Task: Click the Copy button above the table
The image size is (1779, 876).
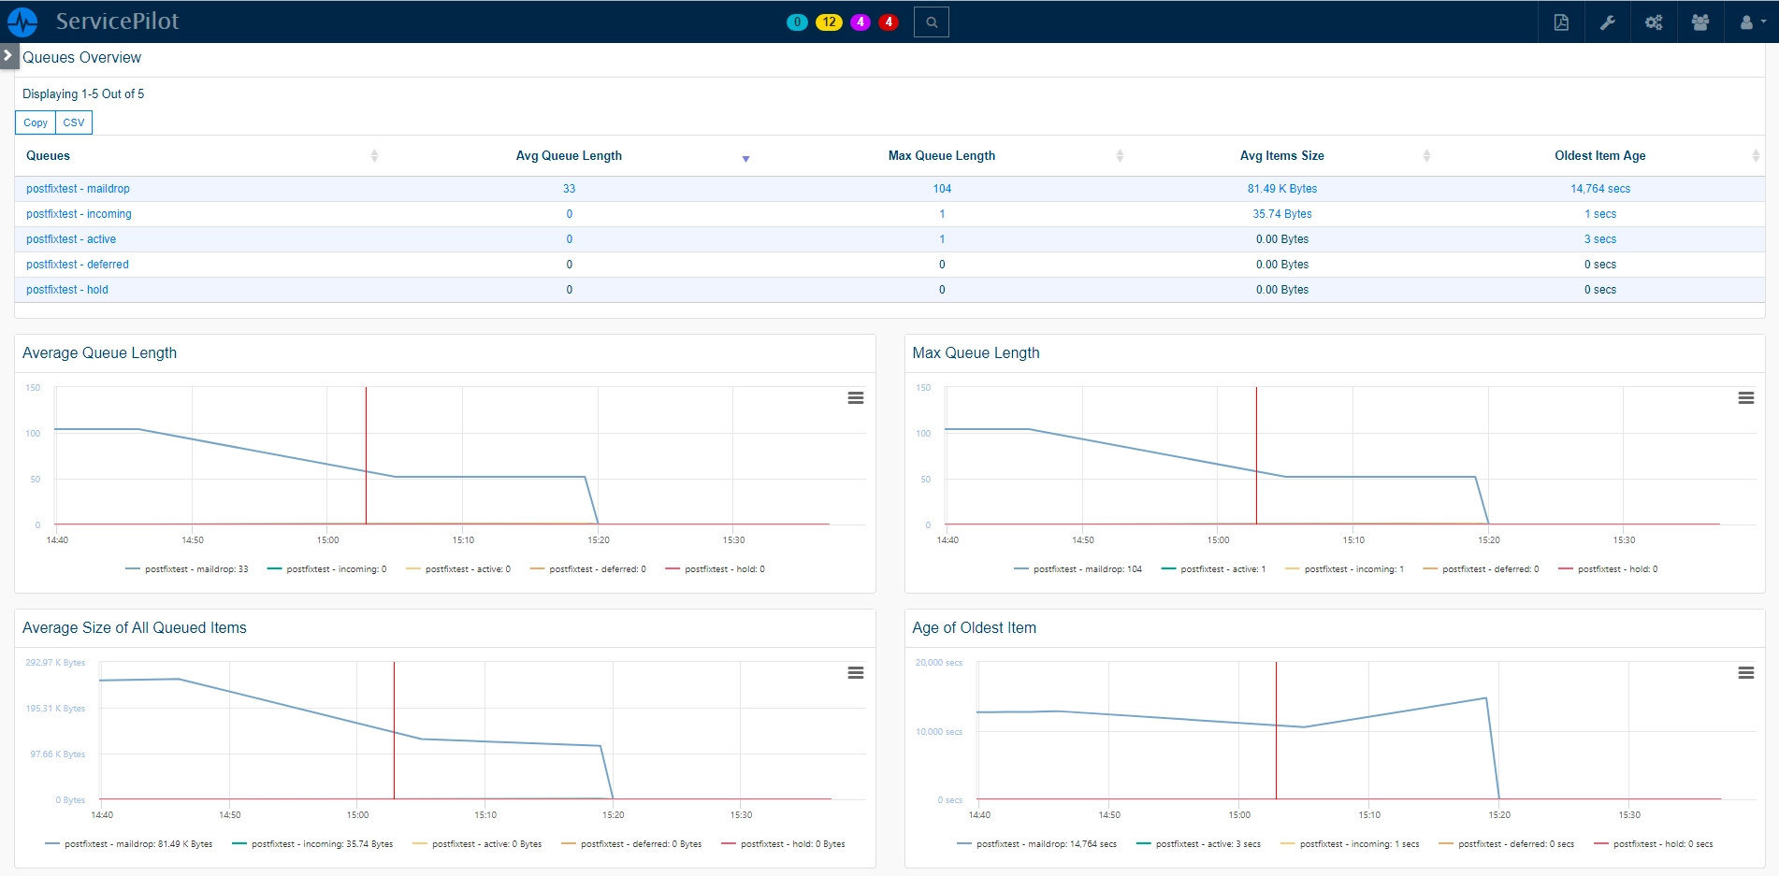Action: [36, 122]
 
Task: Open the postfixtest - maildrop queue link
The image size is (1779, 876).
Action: [78, 189]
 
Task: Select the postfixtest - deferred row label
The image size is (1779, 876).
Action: [78, 265]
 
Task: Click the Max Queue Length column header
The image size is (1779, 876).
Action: [942, 156]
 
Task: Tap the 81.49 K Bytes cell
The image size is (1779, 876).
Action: [1282, 189]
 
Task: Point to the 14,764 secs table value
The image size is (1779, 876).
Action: [1600, 189]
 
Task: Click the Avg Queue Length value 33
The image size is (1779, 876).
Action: [569, 189]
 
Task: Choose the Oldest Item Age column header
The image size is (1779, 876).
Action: [1600, 156]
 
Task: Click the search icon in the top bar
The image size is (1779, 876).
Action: [932, 22]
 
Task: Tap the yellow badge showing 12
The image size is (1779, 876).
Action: [829, 22]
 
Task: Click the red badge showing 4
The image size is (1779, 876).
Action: [889, 22]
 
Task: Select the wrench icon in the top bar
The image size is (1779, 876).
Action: [1608, 22]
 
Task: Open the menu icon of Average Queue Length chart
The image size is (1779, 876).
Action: [856, 398]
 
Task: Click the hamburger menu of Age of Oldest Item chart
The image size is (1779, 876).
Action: [1746, 673]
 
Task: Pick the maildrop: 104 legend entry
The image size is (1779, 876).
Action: [1078, 569]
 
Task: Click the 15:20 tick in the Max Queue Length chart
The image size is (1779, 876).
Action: [1489, 540]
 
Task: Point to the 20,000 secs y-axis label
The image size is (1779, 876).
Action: [938, 663]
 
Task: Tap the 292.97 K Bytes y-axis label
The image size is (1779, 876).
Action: [55, 663]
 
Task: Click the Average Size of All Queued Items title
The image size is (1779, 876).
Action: [135, 628]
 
